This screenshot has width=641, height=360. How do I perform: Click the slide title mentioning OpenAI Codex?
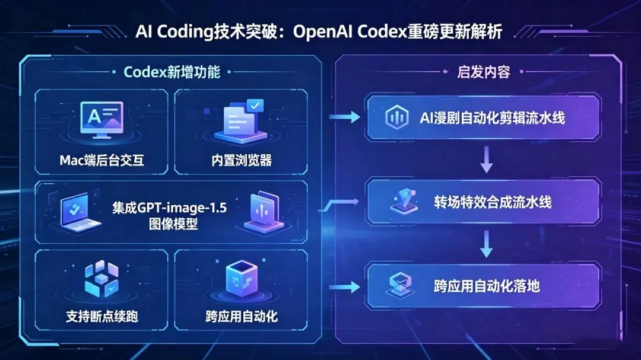click(x=319, y=31)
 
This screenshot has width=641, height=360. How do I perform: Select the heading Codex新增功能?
click(x=172, y=72)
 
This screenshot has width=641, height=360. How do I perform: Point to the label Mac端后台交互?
click(x=101, y=160)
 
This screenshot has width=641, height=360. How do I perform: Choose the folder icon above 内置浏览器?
click(x=240, y=120)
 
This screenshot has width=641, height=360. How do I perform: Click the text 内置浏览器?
click(x=242, y=160)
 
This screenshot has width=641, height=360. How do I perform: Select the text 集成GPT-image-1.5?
click(x=170, y=208)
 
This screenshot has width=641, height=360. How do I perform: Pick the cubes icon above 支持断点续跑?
click(x=101, y=278)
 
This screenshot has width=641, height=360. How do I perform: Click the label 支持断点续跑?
click(x=101, y=316)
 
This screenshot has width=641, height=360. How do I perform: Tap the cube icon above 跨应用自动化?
click(x=241, y=278)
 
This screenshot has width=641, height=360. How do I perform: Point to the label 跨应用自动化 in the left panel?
click(x=241, y=316)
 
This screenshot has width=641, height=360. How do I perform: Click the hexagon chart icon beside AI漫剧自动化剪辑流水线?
click(x=395, y=117)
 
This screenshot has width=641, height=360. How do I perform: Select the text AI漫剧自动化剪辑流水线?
click(x=492, y=117)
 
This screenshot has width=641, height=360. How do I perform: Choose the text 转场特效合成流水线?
click(x=492, y=202)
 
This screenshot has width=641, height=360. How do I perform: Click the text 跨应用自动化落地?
click(x=487, y=286)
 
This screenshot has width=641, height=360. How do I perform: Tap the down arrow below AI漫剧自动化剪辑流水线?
click(x=487, y=160)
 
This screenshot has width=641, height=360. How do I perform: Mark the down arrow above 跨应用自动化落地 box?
click(x=487, y=244)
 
